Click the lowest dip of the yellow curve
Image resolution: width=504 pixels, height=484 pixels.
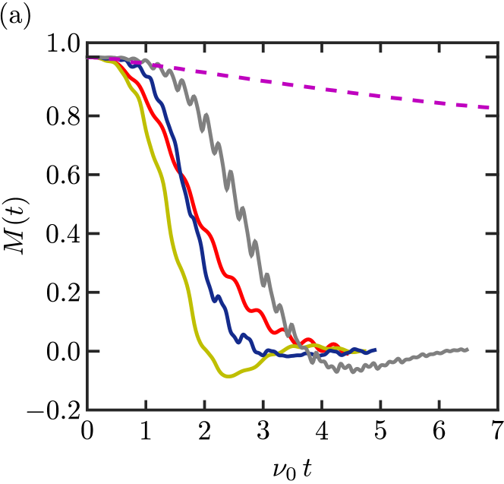click(228, 375)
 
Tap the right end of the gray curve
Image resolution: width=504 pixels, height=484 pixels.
click(467, 350)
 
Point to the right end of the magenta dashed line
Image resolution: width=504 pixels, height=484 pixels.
click(490, 107)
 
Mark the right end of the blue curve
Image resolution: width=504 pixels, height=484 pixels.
click(375, 350)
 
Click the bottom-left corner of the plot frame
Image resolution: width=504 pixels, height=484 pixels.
click(87, 410)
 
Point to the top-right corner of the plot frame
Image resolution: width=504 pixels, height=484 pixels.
click(498, 43)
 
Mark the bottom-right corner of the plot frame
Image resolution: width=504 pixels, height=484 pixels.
click(498, 410)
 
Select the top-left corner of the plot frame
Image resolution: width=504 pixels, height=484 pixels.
click(87, 43)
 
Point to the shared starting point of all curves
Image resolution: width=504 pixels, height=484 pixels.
click(89, 57)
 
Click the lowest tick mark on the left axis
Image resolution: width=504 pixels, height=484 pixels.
click(91, 351)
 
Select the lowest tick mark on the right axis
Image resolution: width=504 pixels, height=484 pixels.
click(494, 351)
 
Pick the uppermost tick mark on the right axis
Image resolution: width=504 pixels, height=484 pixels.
click(494, 57)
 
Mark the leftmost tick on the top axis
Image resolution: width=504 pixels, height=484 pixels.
click(146, 46)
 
